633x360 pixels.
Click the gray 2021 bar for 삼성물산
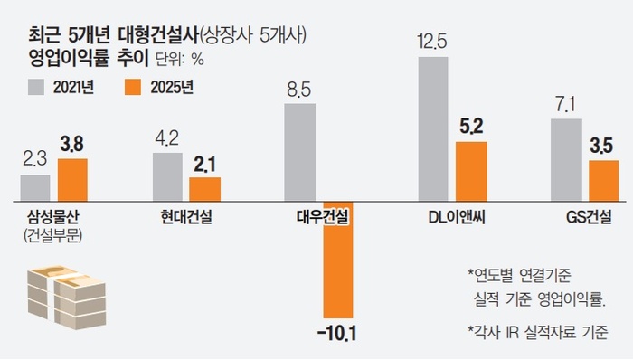click(34, 187)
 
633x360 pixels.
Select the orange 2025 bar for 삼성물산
click(72, 179)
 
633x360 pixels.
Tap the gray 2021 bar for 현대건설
click(167, 176)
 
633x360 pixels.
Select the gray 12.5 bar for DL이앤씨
click(432, 128)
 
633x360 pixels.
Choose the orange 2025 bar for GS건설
click(602, 180)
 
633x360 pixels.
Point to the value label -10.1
click(337, 335)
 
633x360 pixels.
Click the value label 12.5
click(432, 42)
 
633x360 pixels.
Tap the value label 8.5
click(299, 90)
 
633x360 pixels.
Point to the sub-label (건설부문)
click(53, 236)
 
